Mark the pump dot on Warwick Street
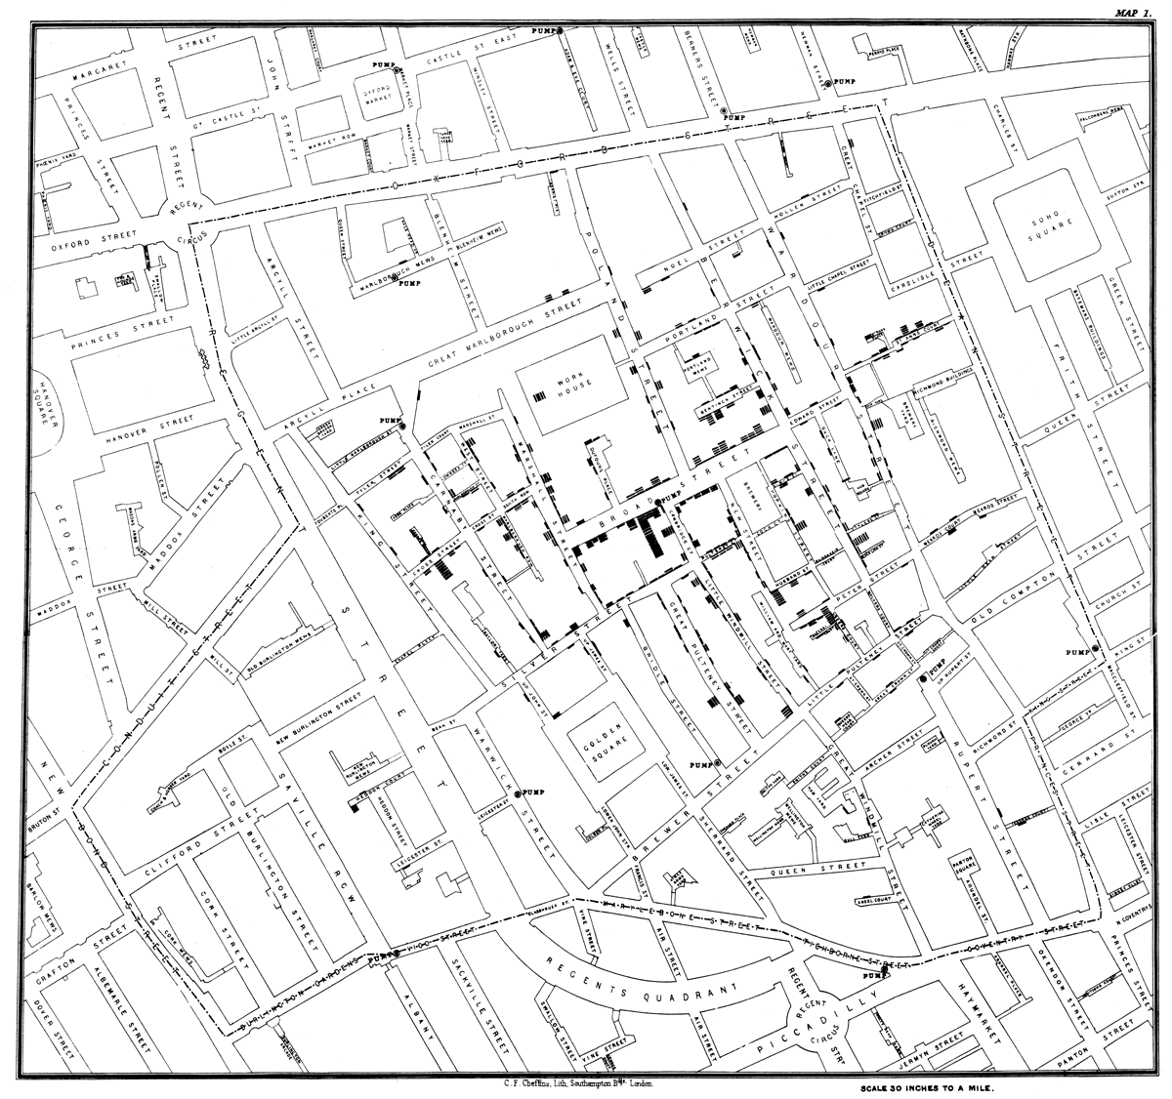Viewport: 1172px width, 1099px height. [x=520, y=791]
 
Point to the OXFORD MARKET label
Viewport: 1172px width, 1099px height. [x=376, y=95]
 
